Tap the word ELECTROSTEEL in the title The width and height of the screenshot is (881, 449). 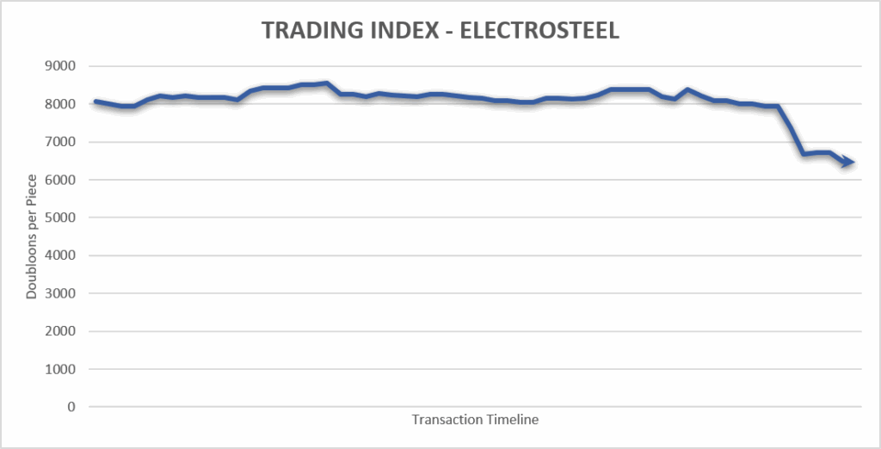tap(539, 31)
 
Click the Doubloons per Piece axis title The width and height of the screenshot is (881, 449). tap(32, 236)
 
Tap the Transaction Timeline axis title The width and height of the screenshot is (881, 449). tap(475, 420)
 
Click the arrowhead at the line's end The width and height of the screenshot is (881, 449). tap(847, 162)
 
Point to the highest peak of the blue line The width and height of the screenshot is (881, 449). tap(326, 83)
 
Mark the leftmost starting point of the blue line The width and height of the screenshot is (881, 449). tap(95, 101)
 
